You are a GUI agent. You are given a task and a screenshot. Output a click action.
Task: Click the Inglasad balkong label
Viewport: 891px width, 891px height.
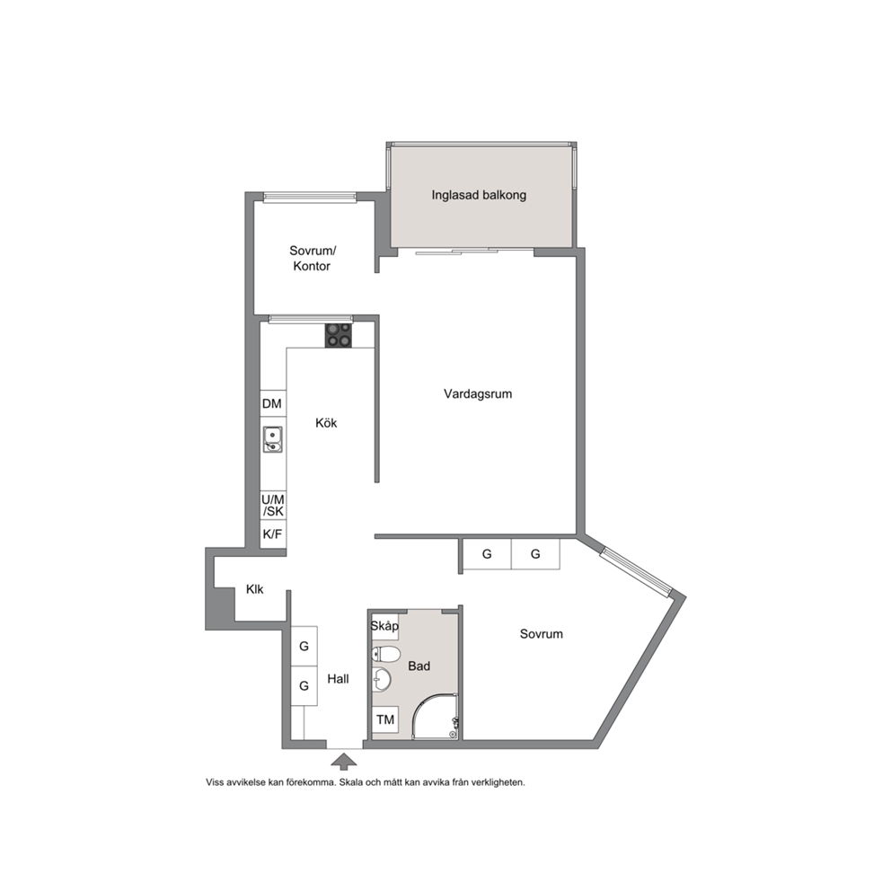coord(479,196)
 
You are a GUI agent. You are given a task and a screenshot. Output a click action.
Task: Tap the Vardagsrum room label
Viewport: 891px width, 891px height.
coord(478,393)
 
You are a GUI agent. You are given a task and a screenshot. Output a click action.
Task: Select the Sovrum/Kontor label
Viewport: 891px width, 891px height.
coord(312,259)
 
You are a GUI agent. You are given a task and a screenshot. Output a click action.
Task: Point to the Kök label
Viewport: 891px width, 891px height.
coord(326,423)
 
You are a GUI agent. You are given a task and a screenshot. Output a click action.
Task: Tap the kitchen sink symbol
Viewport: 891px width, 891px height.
coord(273,440)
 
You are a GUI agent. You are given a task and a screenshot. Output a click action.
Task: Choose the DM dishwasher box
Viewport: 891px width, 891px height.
coord(273,403)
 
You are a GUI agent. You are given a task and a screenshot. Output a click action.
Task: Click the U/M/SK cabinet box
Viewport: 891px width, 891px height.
coord(273,506)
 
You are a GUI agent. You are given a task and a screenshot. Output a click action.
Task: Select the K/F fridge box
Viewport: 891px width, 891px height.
coord(273,534)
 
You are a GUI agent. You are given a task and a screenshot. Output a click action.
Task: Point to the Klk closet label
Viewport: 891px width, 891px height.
coord(254,589)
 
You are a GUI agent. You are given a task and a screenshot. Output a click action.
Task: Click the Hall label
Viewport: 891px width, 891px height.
coord(338,679)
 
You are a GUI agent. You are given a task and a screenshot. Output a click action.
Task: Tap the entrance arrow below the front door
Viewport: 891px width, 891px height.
coord(344,762)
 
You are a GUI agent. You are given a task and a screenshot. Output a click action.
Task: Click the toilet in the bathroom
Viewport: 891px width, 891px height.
coord(385,654)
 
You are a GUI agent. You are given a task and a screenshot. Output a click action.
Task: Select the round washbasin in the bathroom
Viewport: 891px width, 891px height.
coord(382,680)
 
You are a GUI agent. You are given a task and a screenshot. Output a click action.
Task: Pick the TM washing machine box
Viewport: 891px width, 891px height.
coord(385,720)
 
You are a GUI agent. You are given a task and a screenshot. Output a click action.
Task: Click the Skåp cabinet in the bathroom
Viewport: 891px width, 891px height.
coord(384,626)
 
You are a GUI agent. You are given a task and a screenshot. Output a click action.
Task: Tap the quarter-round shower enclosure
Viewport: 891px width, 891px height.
coord(436,718)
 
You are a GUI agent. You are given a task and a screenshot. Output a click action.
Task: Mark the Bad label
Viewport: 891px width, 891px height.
coord(419,666)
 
